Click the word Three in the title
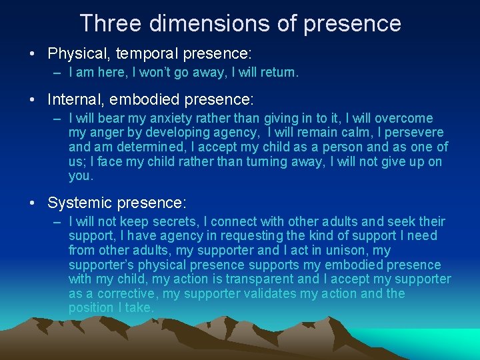[x=111, y=23]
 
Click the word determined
[x=130, y=147]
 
